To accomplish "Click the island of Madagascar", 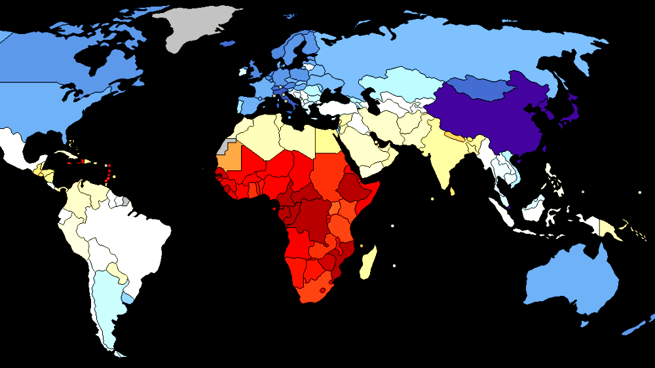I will pyautogui.click(x=369, y=262).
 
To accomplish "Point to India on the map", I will pyautogui.click(x=445, y=157).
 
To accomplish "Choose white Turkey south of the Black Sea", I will pyautogui.click(x=337, y=107).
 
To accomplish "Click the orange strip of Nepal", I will pyautogui.click(x=455, y=138).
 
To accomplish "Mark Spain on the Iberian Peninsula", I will pyautogui.click(x=249, y=105).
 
